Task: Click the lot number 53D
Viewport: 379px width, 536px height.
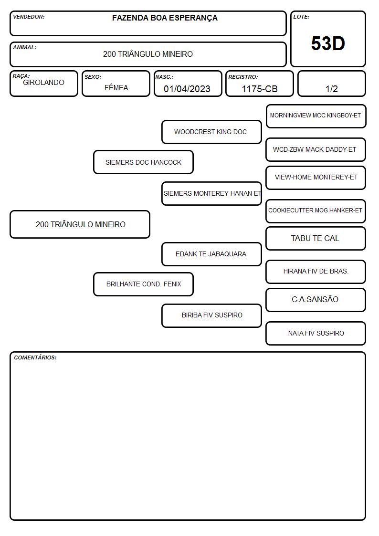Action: pyautogui.click(x=328, y=43)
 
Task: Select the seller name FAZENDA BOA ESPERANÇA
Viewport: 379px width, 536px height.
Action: pyautogui.click(x=165, y=18)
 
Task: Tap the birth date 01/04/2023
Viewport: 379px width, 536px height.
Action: pyautogui.click(x=187, y=89)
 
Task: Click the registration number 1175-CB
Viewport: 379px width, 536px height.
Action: pyautogui.click(x=259, y=89)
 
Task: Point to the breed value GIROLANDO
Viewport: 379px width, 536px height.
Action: pyautogui.click(x=43, y=83)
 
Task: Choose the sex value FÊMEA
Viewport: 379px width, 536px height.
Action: pyautogui.click(x=116, y=87)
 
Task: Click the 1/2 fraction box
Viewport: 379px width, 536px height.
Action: pyautogui.click(x=331, y=84)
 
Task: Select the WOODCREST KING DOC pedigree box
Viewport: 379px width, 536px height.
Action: pyautogui.click(x=211, y=132)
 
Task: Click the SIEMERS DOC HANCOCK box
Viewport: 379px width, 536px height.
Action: pyautogui.click(x=143, y=162)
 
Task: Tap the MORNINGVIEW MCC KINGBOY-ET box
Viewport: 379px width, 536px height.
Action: pyautogui.click(x=316, y=116)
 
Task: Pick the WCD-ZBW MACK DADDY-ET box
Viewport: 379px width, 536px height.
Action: pyautogui.click(x=316, y=150)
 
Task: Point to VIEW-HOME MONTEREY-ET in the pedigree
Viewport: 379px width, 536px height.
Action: pyautogui.click(x=316, y=178)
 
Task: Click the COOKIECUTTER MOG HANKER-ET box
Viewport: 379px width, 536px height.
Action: pyautogui.click(x=316, y=211)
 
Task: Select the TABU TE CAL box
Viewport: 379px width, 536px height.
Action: pyautogui.click(x=316, y=239)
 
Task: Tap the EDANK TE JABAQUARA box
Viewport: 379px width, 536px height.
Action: pyautogui.click(x=211, y=254)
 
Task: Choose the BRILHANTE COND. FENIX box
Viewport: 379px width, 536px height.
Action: pyautogui.click(x=143, y=284)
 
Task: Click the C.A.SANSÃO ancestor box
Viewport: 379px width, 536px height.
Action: pyautogui.click(x=316, y=300)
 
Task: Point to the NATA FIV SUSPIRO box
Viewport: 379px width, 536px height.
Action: pyautogui.click(x=316, y=333)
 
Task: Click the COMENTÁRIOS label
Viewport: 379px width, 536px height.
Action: pyautogui.click(x=35, y=357)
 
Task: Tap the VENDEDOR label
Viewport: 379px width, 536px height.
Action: pyautogui.click(x=29, y=17)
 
